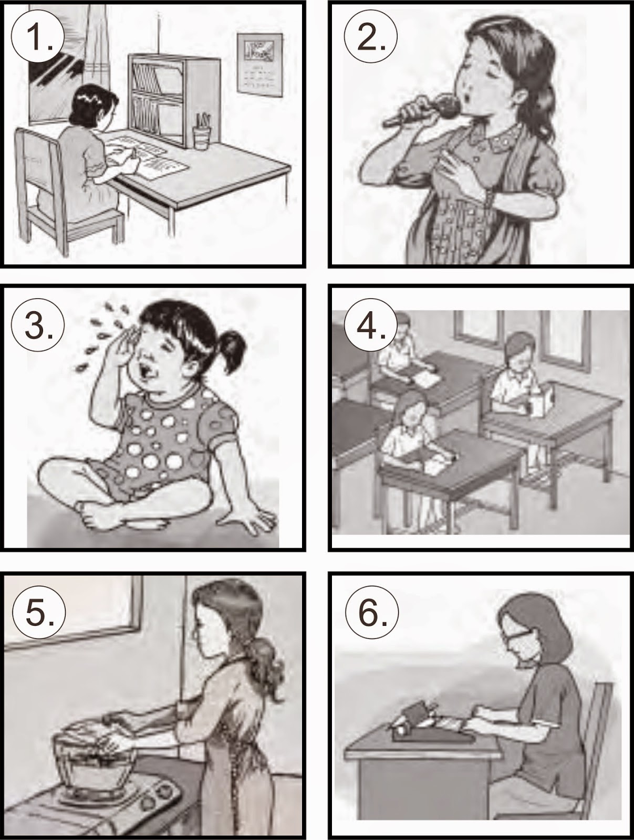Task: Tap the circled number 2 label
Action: click(371, 37)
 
